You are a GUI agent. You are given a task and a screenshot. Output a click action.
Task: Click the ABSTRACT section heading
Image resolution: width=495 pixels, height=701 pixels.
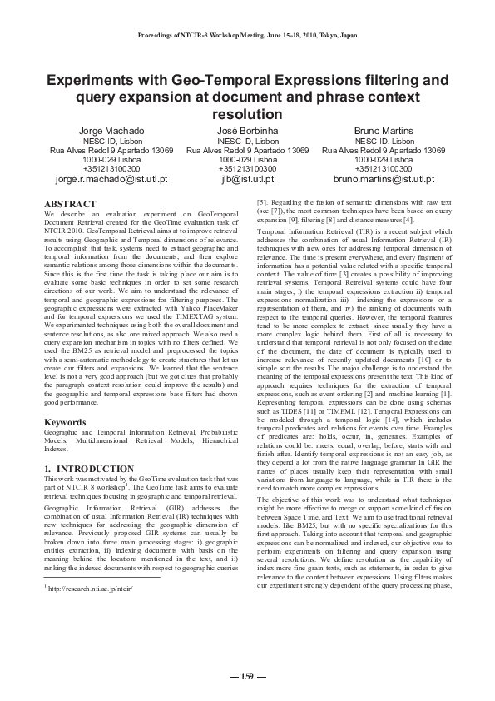73,204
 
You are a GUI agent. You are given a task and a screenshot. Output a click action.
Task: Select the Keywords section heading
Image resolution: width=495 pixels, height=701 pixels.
67,423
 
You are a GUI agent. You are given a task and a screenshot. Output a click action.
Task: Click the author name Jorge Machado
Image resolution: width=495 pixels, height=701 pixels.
111,132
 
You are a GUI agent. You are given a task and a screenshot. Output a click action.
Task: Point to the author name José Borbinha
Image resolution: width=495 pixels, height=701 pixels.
247,132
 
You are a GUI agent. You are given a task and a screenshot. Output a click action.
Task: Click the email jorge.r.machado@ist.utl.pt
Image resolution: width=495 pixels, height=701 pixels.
111,178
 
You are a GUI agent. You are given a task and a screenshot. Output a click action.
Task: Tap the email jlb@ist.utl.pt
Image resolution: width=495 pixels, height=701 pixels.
247,178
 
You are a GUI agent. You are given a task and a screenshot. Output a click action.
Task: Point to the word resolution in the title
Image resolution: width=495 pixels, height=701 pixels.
247,114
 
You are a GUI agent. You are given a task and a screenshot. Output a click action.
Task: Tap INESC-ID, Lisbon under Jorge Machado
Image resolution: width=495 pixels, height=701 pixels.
111,142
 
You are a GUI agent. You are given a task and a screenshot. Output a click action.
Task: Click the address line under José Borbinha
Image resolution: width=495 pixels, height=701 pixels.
247,151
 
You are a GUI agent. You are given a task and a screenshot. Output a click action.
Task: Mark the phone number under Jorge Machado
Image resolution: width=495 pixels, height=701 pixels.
111,168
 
